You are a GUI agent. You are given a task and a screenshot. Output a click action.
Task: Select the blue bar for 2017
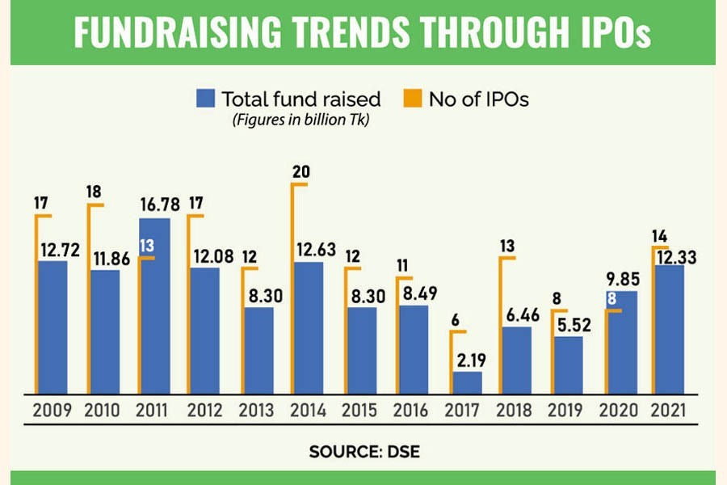468,382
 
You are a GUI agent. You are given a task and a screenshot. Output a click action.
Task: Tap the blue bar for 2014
309,327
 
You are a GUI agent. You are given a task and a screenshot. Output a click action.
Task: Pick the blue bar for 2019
569,365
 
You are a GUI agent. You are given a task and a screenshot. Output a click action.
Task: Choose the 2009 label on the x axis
53,411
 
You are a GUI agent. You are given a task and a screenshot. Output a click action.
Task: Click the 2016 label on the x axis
414,411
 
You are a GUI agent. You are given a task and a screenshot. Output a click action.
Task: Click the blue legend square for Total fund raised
205,99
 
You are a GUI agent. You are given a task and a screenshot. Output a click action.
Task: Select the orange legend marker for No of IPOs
411,99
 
